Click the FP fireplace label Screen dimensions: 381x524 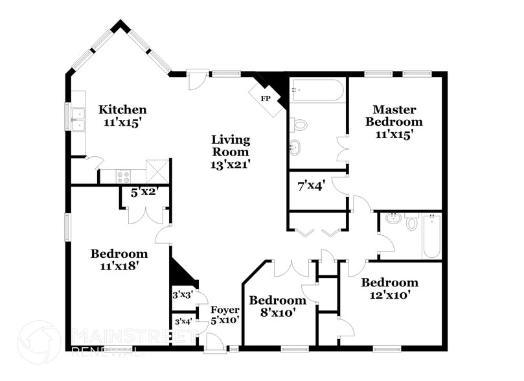266,98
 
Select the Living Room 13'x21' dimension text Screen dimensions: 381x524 231,165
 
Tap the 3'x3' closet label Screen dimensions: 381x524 183,294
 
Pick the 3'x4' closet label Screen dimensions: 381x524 183,321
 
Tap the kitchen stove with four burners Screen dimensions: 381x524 123,176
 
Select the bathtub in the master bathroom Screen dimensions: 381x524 317,90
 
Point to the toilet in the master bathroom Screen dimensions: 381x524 299,124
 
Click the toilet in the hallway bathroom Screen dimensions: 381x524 412,223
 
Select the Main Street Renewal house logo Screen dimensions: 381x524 39,342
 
